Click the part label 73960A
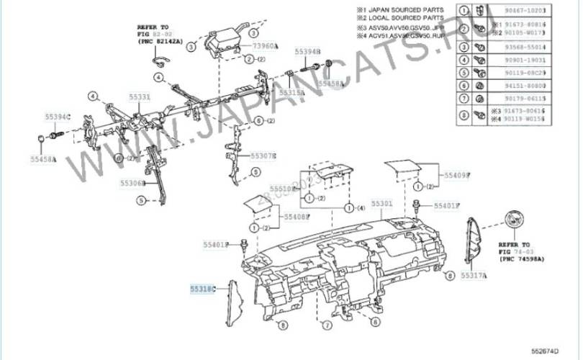coord(264,46)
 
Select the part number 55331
coord(140,96)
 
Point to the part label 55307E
coord(263,155)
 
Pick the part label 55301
coord(381,203)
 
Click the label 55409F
coord(456,175)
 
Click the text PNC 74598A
coord(522,258)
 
